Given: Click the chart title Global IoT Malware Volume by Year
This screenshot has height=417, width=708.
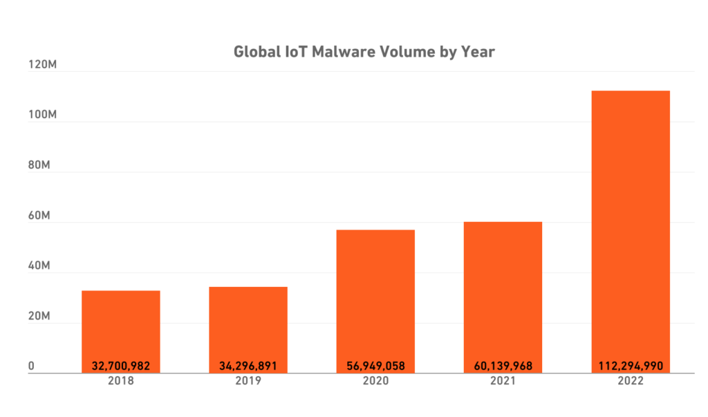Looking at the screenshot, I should click(x=364, y=52).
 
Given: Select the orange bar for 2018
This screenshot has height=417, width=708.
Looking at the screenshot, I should click(x=121, y=325).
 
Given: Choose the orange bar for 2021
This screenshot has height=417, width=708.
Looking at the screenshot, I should click(x=503, y=290).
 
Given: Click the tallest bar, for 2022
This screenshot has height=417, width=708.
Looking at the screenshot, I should click(x=630, y=228).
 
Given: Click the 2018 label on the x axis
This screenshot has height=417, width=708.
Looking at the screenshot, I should click(x=121, y=381).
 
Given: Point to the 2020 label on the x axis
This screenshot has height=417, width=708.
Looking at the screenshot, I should click(x=375, y=381).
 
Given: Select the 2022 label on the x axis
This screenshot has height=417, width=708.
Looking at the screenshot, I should click(x=630, y=381).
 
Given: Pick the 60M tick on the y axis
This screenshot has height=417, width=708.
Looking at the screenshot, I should click(x=39, y=216).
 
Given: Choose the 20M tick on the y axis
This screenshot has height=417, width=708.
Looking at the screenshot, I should click(x=39, y=317).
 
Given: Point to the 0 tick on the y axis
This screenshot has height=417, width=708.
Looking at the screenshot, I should click(x=31, y=367).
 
